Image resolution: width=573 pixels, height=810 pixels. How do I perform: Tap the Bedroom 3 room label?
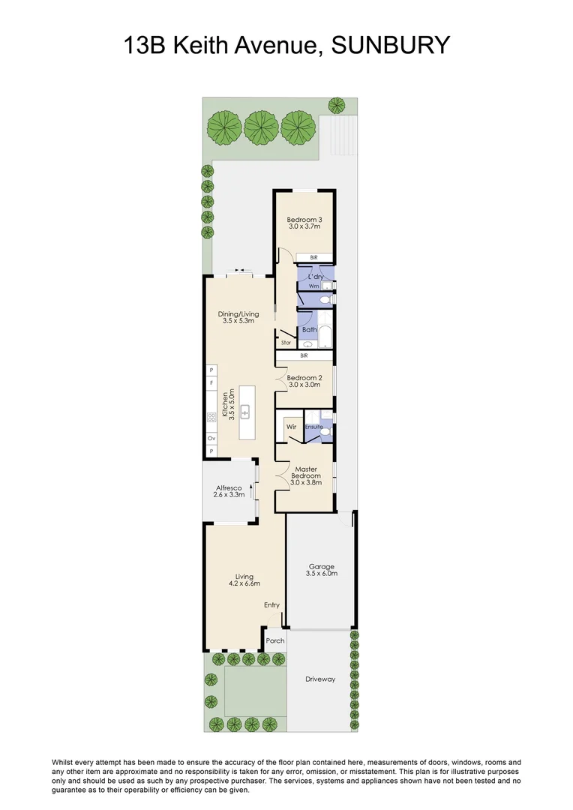pyautogui.click(x=304, y=220)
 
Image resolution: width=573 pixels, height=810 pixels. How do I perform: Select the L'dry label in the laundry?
pyautogui.click(x=315, y=277)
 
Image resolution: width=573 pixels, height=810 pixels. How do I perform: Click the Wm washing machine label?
pyautogui.click(x=313, y=286)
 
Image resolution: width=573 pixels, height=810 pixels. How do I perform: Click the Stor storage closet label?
pyautogui.click(x=286, y=343)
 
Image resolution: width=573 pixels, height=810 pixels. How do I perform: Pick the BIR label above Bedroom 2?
pyautogui.click(x=304, y=356)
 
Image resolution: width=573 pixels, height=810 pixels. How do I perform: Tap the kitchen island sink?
pyautogui.click(x=244, y=412)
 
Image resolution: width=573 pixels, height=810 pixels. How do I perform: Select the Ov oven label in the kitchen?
pyautogui.click(x=211, y=437)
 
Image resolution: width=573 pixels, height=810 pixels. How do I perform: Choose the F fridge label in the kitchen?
pyautogui.click(x=211, y=383)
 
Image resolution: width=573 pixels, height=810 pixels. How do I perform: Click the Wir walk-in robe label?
pyautogui.click(x=292, y=426)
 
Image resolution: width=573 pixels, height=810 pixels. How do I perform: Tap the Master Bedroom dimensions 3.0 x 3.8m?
pyautogui.click(x=306, y=482)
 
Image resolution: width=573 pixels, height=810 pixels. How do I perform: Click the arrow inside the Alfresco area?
pyautogui.click(x=251, y=490)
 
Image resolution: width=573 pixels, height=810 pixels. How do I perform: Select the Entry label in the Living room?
pyautogui.click(x=271, y=604)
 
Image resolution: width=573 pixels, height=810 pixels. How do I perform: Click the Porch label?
pyautogui.click(x=275, y=640)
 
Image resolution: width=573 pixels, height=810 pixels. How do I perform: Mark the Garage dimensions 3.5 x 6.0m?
pyautogui.click(x=322, y=574)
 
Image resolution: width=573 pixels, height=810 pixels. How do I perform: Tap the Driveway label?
pyautogui.click(x=320, y=679)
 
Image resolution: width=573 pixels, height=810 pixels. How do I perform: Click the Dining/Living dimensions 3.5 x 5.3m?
pyautogui.click(x=239, y=320)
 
